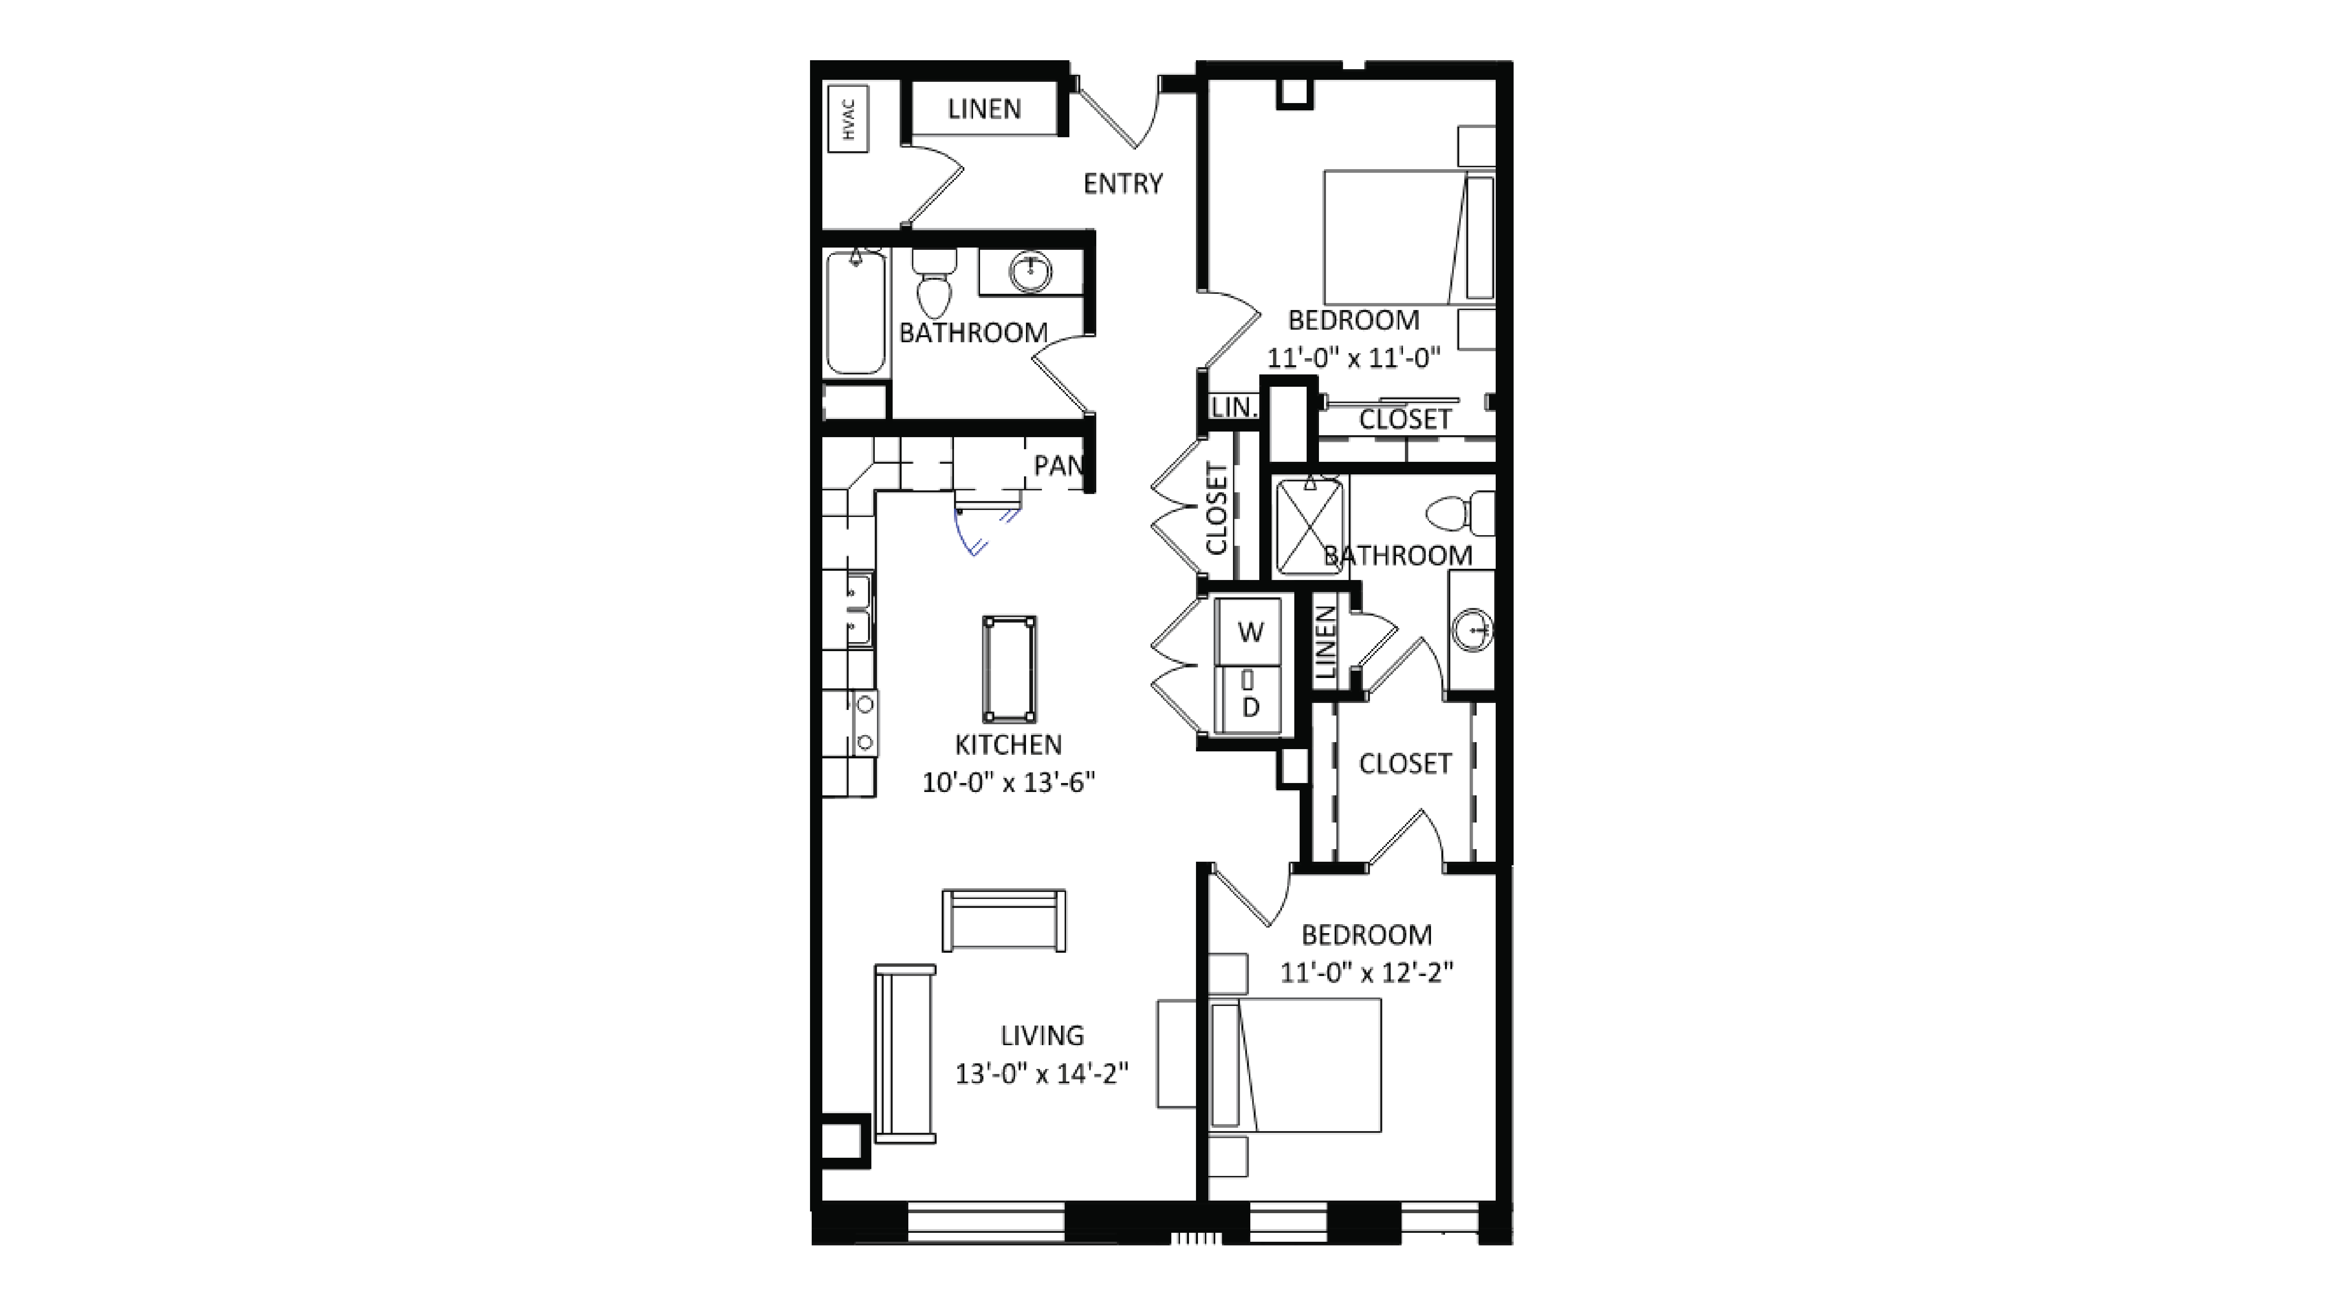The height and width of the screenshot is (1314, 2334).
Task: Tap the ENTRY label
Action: tap(1123, 184)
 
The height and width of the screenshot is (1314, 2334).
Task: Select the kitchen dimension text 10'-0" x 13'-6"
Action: tap(1008, 782)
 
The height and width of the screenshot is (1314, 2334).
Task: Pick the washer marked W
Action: tap(1249, 632)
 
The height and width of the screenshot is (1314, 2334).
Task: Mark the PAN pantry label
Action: tap(1058, 466)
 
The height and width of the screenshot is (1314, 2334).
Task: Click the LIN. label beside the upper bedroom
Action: tap(1233, 408)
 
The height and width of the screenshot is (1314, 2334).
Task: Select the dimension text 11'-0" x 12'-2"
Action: tap(1366, 972)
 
